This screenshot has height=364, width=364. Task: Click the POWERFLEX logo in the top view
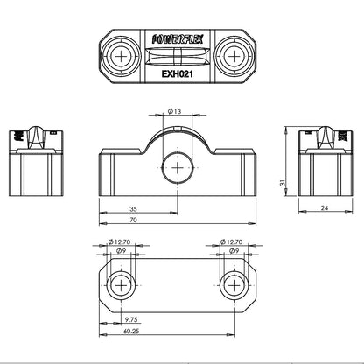coord(178,39)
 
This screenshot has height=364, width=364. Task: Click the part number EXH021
coord(178,74)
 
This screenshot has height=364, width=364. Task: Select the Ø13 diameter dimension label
coord(174,111)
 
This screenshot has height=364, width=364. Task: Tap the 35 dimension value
coord(133,209)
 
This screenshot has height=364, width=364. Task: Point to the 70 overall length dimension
coord(133,220)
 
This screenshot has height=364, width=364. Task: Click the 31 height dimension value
coord(282,183)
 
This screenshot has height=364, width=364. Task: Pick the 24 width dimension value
coord(325,207)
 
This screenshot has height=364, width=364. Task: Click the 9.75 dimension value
coord(131,319)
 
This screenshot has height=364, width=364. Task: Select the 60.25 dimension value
coord(131,331)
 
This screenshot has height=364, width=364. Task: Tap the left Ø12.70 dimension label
coord(119,241)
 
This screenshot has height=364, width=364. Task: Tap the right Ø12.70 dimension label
coord(231,241)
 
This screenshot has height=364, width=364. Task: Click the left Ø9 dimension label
coord(121,250)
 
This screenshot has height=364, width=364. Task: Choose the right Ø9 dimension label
coord(234,250)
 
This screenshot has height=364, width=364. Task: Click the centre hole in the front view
coord(178,168)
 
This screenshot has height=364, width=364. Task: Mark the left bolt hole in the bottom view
coord(121,285)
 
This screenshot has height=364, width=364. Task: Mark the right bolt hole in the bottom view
coord(234,285)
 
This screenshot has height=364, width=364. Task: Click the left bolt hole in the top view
coord(122,56)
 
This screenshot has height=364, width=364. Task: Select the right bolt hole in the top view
coord(234,56)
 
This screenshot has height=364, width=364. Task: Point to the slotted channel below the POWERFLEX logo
coord(178,56)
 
